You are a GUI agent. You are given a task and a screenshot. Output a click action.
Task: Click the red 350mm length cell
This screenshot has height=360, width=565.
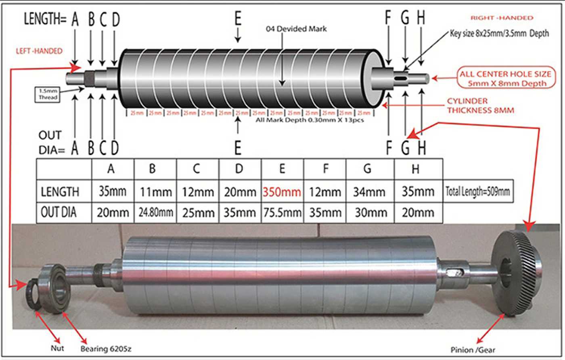tap(282, 192)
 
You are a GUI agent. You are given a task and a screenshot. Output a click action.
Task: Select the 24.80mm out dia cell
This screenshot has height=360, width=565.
tap(155, 212)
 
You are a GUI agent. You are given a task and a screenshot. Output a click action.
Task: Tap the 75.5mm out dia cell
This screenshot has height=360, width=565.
tap(282, 212)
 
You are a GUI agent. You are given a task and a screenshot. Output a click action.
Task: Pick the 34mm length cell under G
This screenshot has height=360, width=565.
tap(367, 192)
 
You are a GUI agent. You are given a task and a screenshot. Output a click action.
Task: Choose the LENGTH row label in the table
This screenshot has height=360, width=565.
tap(60, 192)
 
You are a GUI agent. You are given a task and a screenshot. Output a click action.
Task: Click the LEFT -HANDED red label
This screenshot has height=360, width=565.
tap(39, 51)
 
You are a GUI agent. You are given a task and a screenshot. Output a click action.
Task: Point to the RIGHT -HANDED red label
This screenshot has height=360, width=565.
tap(502, 18)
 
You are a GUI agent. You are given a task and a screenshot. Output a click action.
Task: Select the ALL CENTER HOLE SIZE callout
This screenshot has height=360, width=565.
tap(505, 79)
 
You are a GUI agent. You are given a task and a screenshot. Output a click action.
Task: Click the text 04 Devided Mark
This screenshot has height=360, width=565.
tap(296, 29)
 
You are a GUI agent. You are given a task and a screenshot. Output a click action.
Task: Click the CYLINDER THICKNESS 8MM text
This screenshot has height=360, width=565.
tap(480, 105)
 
